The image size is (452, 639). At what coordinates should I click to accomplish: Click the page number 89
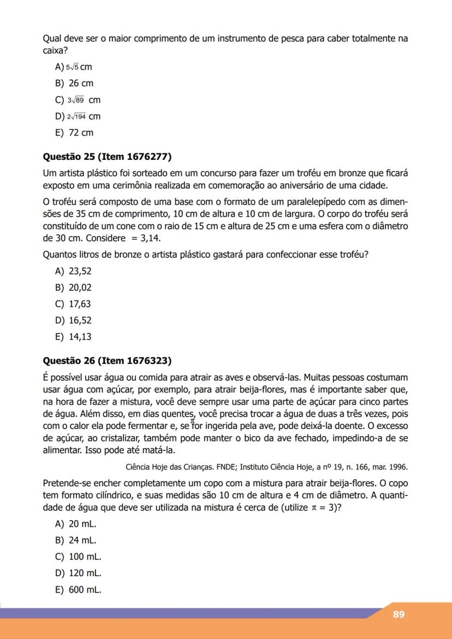pyautogui.click(x=399, y=614)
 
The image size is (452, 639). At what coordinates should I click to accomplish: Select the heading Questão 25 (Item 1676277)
pyautogui.click(x=107, y=157)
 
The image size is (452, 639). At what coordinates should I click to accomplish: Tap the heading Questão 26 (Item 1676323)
pyautogui.click(x=107, y=361)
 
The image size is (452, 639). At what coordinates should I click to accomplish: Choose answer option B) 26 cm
pyautogui.click(x=74, y=83)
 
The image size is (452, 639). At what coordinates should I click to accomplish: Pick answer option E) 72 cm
pyautogui.click(x=74, y=133)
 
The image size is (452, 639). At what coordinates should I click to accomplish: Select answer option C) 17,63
pyautogui.click(x=73, y=304)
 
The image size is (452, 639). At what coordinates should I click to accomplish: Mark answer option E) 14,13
pyautogui.click(x=73, y=337)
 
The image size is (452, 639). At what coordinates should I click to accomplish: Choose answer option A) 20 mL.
pyautogui.click(x=76, y=524)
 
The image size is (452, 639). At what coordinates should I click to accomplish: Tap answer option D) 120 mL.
pyautogui.click(x=78, y=573)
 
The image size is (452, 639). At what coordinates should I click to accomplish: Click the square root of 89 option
pyautogui.click(x=78, y=100)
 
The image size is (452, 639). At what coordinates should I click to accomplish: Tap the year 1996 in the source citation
pyautogui.click(x=399, y=467)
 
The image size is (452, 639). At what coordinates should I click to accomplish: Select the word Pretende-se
pyautogui.click(x=66, y=483)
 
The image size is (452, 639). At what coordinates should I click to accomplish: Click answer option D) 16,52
pyautogui.click(x=73, y=320)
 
